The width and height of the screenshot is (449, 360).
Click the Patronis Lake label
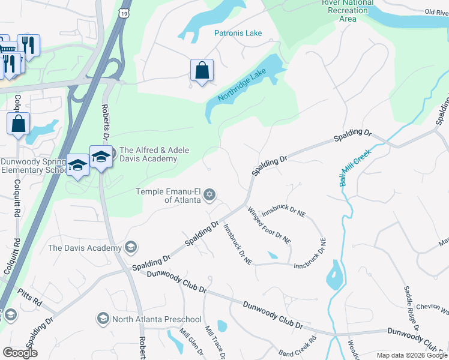coord(238,33)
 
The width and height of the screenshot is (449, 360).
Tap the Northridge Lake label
coord(241,86)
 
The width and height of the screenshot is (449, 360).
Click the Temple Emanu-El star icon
coord(209,194)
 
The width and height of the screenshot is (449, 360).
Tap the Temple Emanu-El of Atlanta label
coord(168,195)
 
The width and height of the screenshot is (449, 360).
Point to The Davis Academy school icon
coord(131,247)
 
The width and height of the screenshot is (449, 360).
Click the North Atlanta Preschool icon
coord(103,319)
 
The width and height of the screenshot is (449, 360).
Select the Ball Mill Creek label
coord(356,167)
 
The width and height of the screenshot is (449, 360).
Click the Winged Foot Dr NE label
coord(269,224)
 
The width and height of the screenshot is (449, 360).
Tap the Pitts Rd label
coord(29,298)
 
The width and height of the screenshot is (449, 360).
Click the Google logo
coord(20,353)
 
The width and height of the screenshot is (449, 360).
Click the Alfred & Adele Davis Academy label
coord(149,154)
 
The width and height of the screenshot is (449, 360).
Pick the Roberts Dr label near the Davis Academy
coord(106,123)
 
